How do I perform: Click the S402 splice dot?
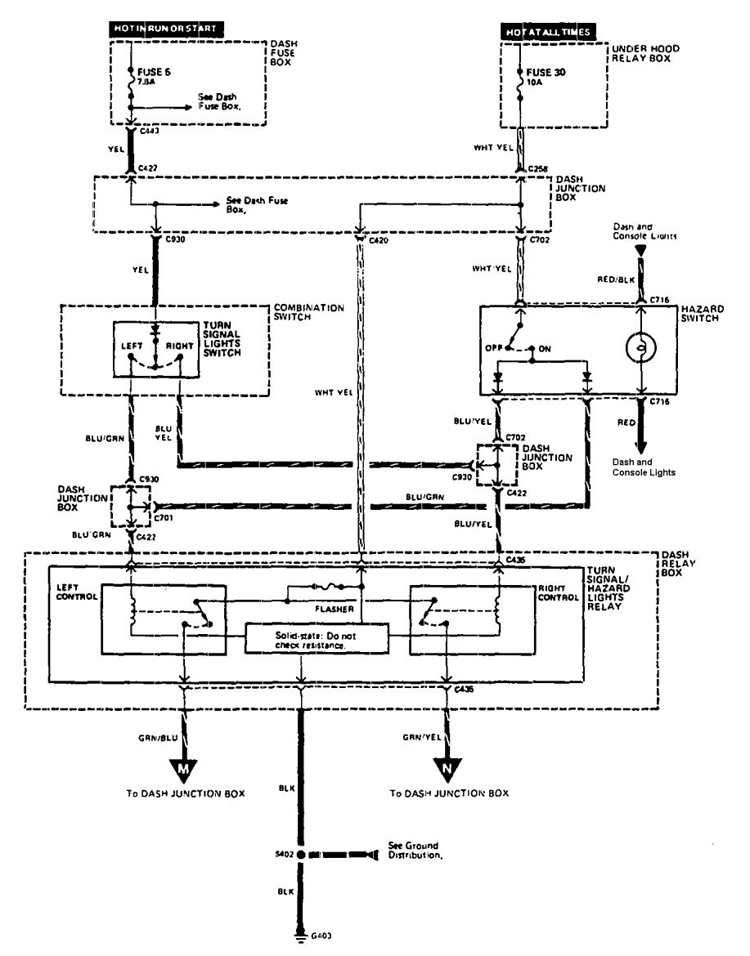[x=302, y=855]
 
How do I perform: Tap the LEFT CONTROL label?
[x=77, y=592]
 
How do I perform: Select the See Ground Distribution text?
[x=416, y=851]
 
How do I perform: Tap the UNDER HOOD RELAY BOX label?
[x=644, y=55]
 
